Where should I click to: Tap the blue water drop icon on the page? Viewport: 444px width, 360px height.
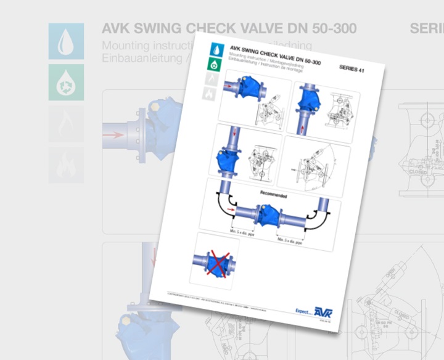click(216, 47)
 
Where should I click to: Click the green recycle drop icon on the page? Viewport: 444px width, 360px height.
click(214, 63)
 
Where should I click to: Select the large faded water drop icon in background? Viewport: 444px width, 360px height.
click(65, 41)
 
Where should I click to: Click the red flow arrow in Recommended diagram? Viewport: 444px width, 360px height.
click(231, 211)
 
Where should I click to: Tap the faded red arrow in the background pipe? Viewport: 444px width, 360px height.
click(113, 133)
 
